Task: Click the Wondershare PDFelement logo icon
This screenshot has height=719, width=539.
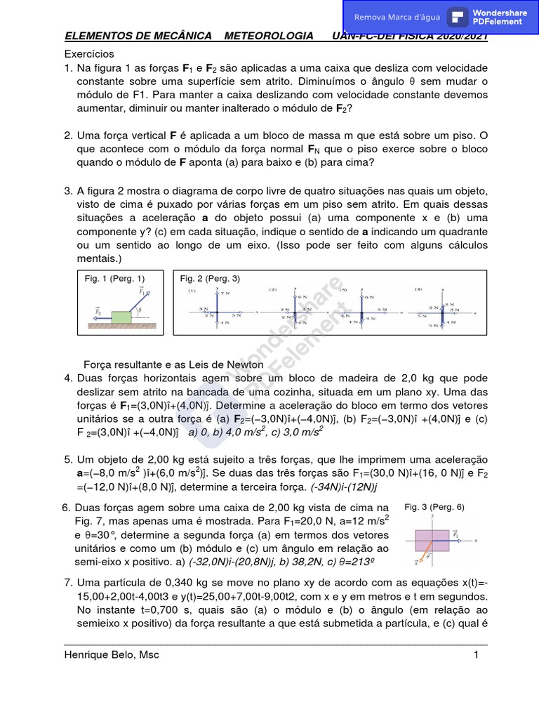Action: tap(458, 17)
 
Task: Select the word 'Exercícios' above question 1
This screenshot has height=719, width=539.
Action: tap(89, 54)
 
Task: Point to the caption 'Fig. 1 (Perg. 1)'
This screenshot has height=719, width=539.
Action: tap(114, 279)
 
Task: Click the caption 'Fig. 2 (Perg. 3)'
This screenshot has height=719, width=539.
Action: tap(210, 279)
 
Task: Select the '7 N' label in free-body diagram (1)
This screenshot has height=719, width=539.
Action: tap(225, 293)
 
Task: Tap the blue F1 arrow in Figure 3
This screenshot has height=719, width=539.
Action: tap(453, 540)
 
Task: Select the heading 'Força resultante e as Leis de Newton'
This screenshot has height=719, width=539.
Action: tap(173, 365)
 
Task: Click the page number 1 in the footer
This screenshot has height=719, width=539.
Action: tap(475, 655)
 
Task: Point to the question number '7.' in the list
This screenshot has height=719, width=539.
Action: tap(68, 582)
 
